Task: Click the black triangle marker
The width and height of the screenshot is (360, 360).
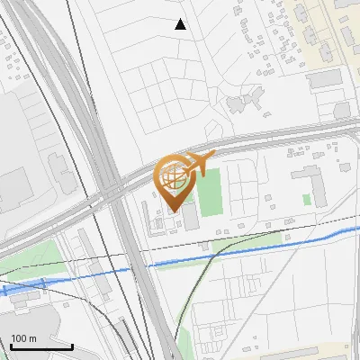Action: coord(181,24)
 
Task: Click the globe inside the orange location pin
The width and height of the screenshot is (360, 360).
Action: coord(173,178)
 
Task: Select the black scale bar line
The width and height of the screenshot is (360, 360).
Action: coord(41,347)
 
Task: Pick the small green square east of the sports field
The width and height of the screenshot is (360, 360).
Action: coord(307,199)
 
